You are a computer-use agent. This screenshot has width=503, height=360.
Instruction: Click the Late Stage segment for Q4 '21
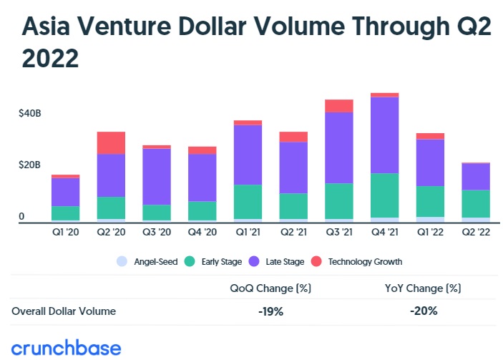pos(384,135)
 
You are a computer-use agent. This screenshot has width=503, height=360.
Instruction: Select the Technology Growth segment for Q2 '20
pos(111,142)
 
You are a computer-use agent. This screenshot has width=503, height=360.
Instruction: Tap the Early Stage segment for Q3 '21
pos(338,201)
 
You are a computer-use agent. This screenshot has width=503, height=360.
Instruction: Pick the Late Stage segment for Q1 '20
pos(65,192)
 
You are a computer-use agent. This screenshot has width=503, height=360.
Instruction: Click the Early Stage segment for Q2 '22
pos(476,203)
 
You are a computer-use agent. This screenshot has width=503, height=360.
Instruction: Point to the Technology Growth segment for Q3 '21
pos(338,106)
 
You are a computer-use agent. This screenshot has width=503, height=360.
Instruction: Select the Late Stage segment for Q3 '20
pos(157,176)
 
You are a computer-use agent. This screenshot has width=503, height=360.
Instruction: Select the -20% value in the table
pos(424,311)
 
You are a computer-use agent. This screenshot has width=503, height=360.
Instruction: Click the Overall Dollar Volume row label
pos(64,311)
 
